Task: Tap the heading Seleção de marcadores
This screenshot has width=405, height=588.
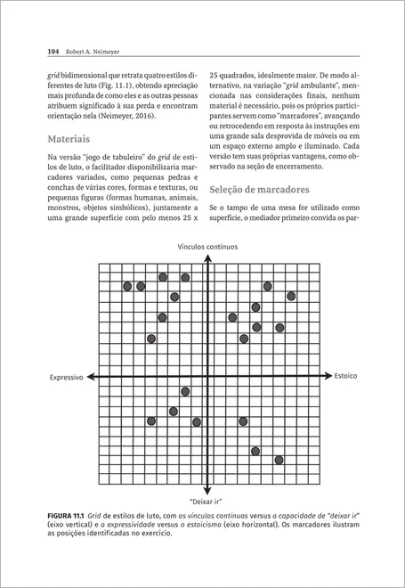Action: pos(260,190)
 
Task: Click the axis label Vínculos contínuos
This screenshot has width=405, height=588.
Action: pos(207,245)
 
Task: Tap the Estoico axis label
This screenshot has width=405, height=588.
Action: pos(345,376)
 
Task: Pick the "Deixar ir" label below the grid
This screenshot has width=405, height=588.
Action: pos(207,501)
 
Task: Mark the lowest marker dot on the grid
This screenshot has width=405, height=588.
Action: pos(279,460)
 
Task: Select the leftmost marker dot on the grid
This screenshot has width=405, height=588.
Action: pos(127,286)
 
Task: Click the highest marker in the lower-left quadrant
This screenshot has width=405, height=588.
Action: pos(185,391)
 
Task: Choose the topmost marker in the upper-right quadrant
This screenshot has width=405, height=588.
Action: pos(267,286)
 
